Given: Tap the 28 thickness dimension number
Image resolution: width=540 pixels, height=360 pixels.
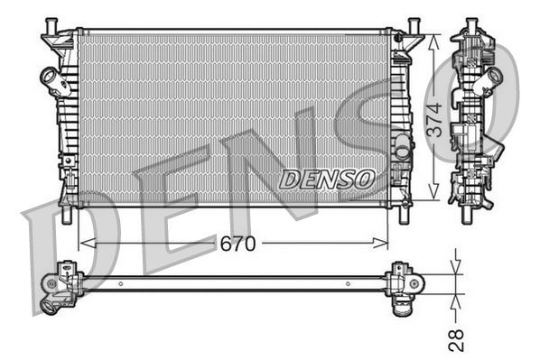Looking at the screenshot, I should click(457, 338).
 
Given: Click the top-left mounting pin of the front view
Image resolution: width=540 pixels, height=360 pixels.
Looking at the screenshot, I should click(51, 23).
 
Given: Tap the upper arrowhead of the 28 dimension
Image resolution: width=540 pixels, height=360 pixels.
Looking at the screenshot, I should click(457, 266).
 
